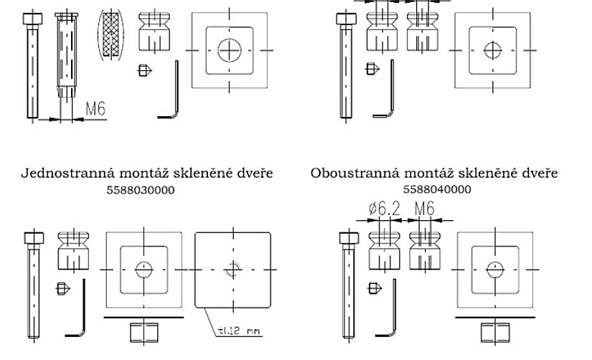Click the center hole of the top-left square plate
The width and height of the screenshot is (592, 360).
click(x=230, y=49)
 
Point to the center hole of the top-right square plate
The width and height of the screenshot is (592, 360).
click(x=492, y=50)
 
